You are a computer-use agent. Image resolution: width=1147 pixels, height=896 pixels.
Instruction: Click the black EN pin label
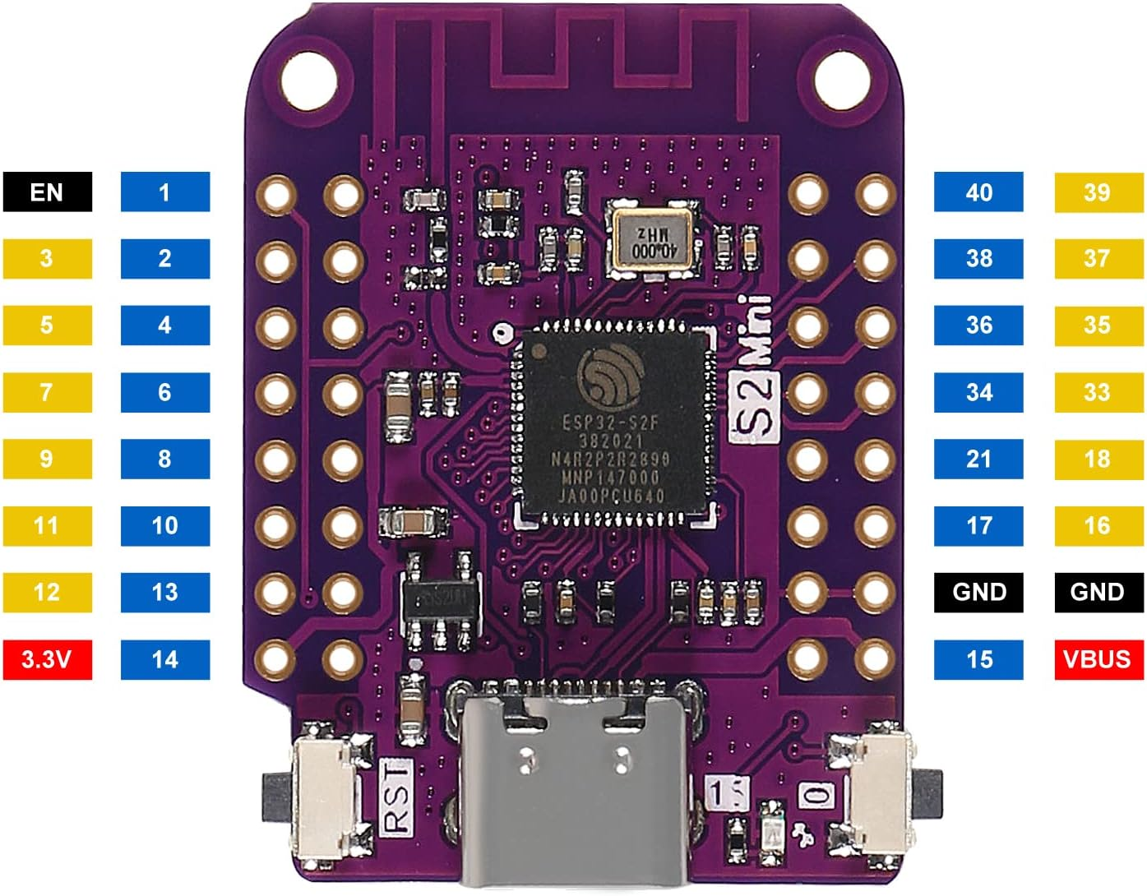(47, 192)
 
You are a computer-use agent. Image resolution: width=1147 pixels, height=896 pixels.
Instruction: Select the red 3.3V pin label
(47, 659)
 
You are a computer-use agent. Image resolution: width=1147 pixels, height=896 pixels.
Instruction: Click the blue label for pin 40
(978, 192)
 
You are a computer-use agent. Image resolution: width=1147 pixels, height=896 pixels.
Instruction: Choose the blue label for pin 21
(978, 459)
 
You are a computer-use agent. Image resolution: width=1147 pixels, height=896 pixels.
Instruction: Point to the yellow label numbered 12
(47, 592)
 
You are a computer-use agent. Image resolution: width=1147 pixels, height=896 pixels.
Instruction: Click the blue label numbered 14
(164, 659)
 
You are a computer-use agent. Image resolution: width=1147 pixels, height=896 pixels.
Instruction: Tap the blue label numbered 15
(978, 659)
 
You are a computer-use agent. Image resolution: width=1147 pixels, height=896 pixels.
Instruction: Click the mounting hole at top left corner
(308, 80)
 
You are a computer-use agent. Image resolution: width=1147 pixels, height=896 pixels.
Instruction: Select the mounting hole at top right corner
(841, 80)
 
